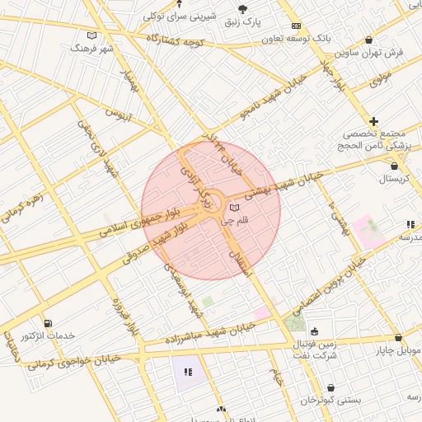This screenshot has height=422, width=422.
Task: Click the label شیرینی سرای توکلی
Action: click(180, 16)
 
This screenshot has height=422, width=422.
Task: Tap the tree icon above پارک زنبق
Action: click(242, 9)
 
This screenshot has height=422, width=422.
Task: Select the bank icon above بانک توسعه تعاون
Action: click(296, 26)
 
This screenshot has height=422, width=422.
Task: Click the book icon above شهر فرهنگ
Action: click(91, 35)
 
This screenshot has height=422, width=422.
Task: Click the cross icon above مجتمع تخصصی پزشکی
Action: click(374, 121)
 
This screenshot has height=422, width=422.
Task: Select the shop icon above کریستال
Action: click(395, 166)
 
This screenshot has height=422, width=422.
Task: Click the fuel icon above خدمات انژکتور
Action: click(48, 323)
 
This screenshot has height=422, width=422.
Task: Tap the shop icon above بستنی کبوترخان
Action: click(331, 387)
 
